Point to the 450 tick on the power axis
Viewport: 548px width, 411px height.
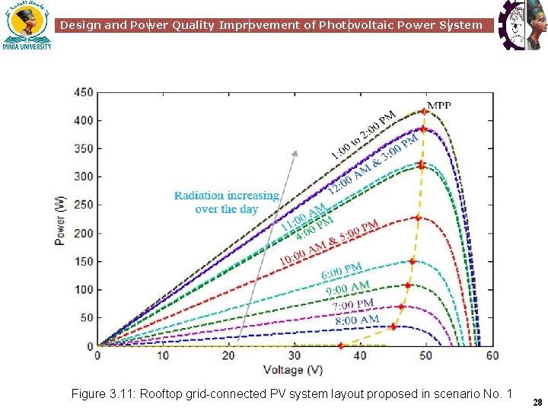(x=84, y=93)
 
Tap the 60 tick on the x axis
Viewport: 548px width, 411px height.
(x=492, y=355)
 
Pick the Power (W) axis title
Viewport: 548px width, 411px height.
(x=60, y=220)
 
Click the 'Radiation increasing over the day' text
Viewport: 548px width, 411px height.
(x=226, y=202)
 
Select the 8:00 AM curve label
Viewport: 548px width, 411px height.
(x=357, y=320)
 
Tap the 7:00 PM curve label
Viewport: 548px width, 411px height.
(x=352, y=304)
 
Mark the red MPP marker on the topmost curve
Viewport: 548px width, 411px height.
(x=424, y=112)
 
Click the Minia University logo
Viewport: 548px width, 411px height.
(x=27, y=25)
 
